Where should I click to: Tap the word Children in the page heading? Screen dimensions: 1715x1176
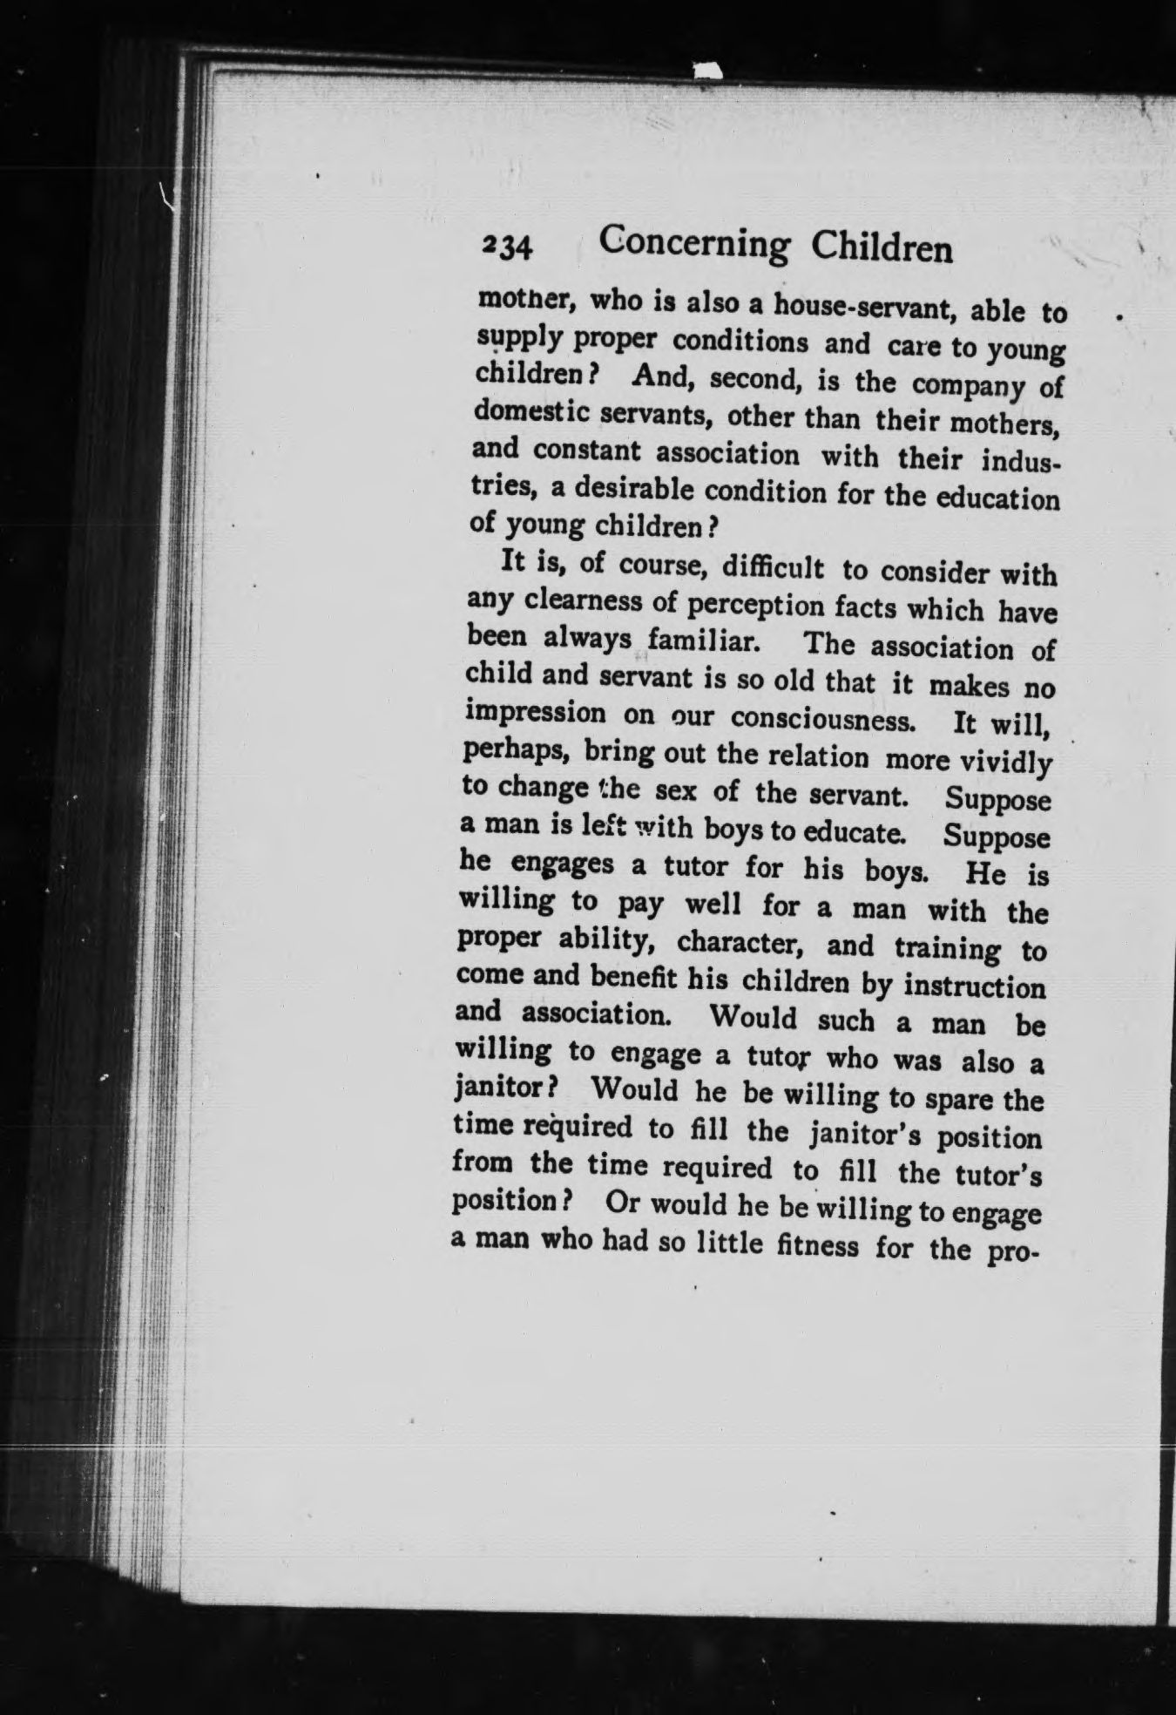[x=882, y=250]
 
